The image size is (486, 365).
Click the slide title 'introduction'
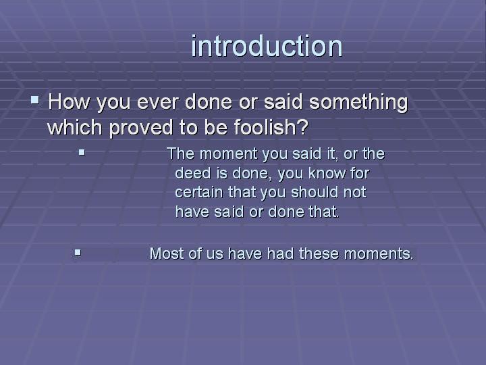click(267, 47)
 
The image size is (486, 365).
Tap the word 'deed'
click(191, 173)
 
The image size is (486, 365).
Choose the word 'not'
click(354, 192)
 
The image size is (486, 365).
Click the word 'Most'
click(165, 254)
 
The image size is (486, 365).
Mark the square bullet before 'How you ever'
click(35, 101)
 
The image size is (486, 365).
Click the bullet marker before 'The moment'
click(82, 153)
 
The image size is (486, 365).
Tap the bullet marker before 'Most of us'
click(77, 253)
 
